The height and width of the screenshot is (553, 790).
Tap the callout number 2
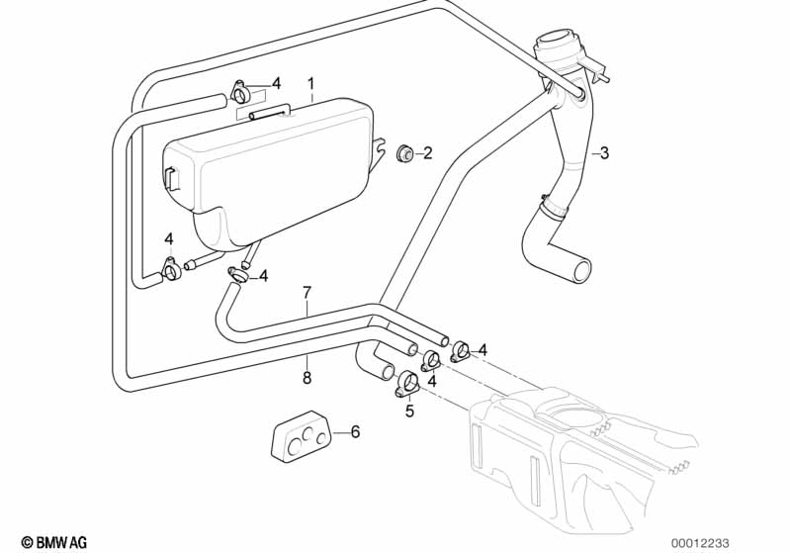click(x=428, y=153)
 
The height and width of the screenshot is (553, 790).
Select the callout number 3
click(x=604, y=153)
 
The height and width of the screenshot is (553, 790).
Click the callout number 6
click(x=356, y=431)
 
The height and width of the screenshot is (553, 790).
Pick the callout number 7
click(x=307, y=293)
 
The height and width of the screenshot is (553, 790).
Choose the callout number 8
click(x=307, y=376)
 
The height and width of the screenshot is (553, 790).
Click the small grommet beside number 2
click(x=403, y=153)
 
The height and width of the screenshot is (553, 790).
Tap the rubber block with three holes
click(x=300, y=436)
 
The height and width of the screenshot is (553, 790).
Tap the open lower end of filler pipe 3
click(x=580, y=270)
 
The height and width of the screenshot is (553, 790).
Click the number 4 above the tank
click(x=277, y=83)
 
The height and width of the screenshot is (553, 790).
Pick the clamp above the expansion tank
click(x=242, y=93)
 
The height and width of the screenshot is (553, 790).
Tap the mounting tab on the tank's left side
click(x=170, y=178)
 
